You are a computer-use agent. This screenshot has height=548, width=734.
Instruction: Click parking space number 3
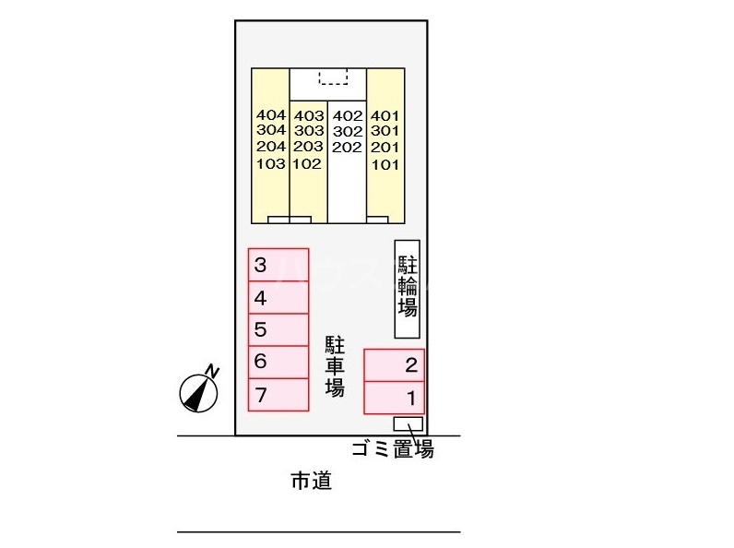pyautogui.click(x=278, y=266)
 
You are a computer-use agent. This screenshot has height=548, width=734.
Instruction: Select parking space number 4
pyautogui.click(x=278, y=298)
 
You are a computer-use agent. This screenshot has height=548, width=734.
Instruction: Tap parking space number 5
pyautogui.click(x=278, y=329)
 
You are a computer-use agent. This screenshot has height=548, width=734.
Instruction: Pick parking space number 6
pyautogui.click(x=278, y=362)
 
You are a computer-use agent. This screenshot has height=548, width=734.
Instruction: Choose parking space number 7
pyautogui.click(x=278, y=395)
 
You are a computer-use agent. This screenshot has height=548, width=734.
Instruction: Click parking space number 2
pyautogui.click(x=394, y=365)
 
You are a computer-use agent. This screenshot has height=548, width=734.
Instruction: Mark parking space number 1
pyautogui.click(x=394, y=399)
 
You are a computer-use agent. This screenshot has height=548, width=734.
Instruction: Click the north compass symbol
pyautogui.click(x=199, y=391)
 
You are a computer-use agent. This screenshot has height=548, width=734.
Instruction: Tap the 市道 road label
pyautogui.click(x=311, y=481)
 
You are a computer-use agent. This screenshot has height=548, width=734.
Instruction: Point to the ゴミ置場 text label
pyautogui.click(x=392, y=450)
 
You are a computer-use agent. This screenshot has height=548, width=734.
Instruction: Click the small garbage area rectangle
pyautogui.click(x=408, y=423)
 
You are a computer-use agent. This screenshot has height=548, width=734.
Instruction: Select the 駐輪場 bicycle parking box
pyautogui.click(x=408, y=289)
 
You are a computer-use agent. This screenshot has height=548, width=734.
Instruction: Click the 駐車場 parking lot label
pyautogui.click(x=335, y=366)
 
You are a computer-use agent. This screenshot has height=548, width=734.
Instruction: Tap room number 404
pyautogui.click(x=271, y=115)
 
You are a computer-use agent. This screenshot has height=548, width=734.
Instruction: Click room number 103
pyautogui.click(x=271, y=164)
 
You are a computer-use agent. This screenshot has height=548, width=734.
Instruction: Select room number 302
pyautogui.click(x=347, y=131)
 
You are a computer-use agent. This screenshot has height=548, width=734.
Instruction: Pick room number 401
pyautogui.click(x=385, y=115)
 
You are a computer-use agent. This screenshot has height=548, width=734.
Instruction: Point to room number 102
pyautogui.click(x=308, y=164)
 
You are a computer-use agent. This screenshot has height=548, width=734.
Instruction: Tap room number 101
pyautogui.click(x=385, y=164)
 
